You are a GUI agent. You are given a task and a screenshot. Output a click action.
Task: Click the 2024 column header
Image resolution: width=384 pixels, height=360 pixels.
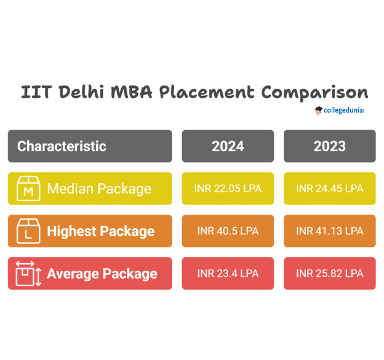(228, 146)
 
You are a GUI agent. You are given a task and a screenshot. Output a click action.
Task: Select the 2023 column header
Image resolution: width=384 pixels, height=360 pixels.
(329, 146)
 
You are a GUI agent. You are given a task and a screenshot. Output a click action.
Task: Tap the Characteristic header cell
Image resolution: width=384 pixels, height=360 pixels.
(90, 146)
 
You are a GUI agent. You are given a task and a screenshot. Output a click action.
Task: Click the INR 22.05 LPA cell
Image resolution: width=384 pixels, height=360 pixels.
(228, 189)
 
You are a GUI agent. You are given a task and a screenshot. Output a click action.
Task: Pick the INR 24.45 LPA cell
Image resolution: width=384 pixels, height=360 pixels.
(329, 189)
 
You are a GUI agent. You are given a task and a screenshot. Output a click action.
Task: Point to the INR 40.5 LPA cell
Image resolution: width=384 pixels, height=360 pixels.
(228, 231)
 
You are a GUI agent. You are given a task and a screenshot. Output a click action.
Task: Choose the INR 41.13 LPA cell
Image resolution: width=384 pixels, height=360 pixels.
(329, 231)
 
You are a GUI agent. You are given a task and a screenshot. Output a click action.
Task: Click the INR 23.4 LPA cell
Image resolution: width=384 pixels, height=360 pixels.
(228, 274)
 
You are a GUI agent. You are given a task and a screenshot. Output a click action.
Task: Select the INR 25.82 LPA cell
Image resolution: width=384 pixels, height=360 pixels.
(329, 274)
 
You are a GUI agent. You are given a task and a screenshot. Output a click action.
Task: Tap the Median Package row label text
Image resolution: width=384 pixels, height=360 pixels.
(99, 189)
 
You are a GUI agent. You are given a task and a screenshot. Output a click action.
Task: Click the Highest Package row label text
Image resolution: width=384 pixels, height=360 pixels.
(101, 231)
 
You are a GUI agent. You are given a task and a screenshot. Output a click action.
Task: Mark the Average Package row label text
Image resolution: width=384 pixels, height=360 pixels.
(102, 274)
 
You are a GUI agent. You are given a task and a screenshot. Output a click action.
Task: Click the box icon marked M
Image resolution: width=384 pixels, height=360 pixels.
(28, 189)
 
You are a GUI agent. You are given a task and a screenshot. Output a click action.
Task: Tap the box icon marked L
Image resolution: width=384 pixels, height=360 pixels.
(28, 231)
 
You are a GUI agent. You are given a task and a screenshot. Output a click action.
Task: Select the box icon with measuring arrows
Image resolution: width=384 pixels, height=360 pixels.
(28, 274)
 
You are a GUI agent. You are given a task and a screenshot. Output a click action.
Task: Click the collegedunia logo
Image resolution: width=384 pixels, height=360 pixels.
(340, 111)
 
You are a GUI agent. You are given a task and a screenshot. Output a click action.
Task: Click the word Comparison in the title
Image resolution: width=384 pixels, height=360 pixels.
(314, 92)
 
